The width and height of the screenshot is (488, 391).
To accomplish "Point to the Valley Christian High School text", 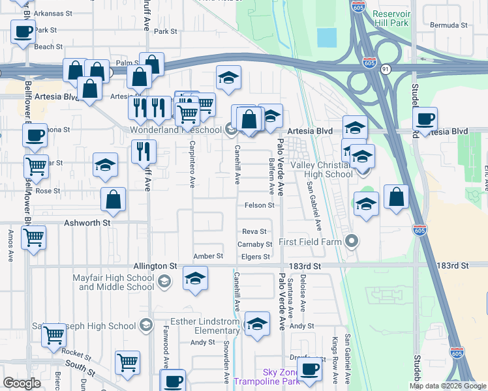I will pos(321,169).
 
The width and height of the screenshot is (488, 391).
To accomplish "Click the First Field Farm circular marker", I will pos(352,242).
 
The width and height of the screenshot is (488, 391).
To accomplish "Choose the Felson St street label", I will pos(259,205).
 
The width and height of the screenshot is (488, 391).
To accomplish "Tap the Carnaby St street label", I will pos(254,244).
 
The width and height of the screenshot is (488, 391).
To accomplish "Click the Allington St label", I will pos(155,267).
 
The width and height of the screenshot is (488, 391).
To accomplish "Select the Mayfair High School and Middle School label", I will pos(114,282).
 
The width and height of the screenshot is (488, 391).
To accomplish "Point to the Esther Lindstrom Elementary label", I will pos(205,326).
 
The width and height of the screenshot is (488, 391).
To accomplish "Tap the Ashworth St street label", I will pos(88,222).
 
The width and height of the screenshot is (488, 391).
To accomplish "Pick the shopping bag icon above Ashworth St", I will pos(114,200).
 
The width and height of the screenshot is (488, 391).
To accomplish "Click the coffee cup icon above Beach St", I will pos(23,31).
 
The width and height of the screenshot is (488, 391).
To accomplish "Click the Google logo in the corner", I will pos(22,383).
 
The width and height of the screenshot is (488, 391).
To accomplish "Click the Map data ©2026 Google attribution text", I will pos(448,386).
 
